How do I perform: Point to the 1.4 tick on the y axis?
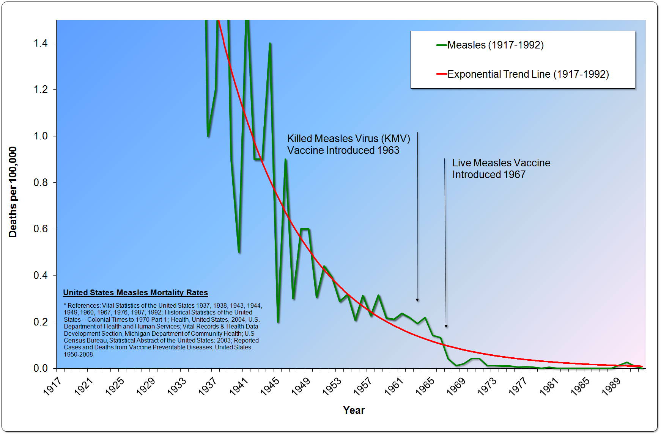41,43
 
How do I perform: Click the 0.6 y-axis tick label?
41,229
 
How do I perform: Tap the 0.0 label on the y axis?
41,368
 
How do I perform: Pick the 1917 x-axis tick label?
52,386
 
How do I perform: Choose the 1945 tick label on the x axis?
270,386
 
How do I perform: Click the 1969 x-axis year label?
456,386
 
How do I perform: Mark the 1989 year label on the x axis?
611,386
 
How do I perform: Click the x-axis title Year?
354,410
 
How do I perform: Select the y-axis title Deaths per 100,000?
13,192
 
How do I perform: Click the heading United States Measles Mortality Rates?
135,293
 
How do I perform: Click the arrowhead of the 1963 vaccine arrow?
417,300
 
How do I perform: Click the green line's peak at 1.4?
270,43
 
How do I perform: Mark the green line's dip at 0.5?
239,252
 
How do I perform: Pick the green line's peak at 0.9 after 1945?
285,160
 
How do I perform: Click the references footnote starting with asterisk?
163,330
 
